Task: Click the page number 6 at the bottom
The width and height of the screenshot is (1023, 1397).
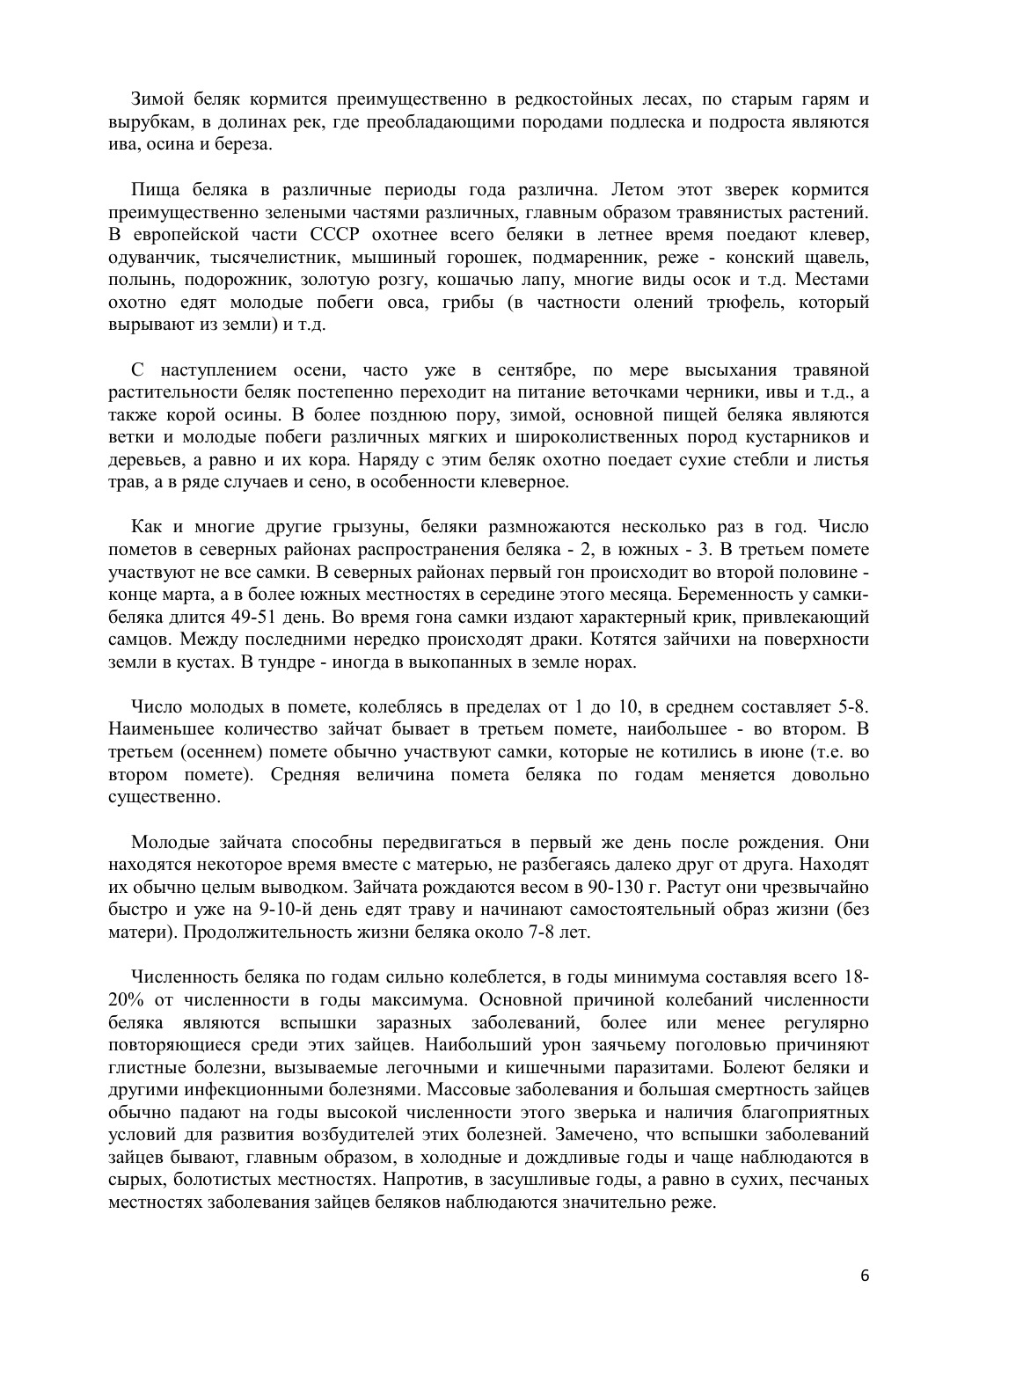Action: [x=865, y=1276]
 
